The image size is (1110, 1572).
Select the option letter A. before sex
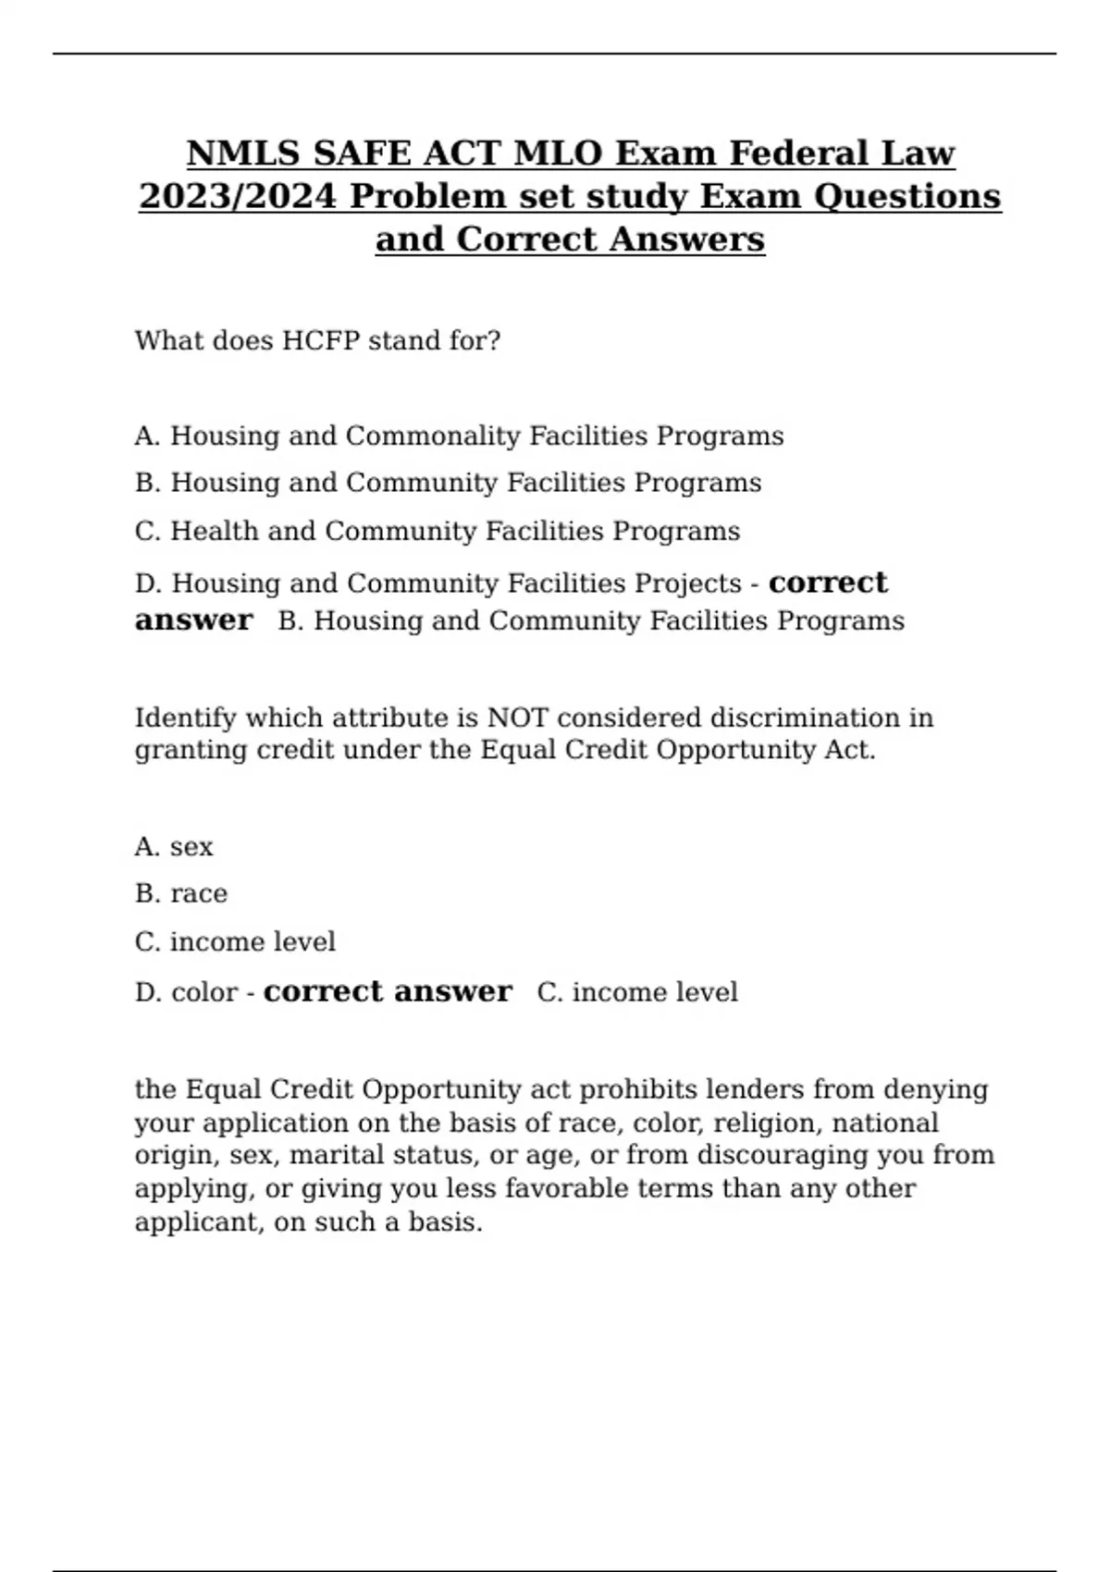point(147,847)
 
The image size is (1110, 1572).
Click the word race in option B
point(199,894)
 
